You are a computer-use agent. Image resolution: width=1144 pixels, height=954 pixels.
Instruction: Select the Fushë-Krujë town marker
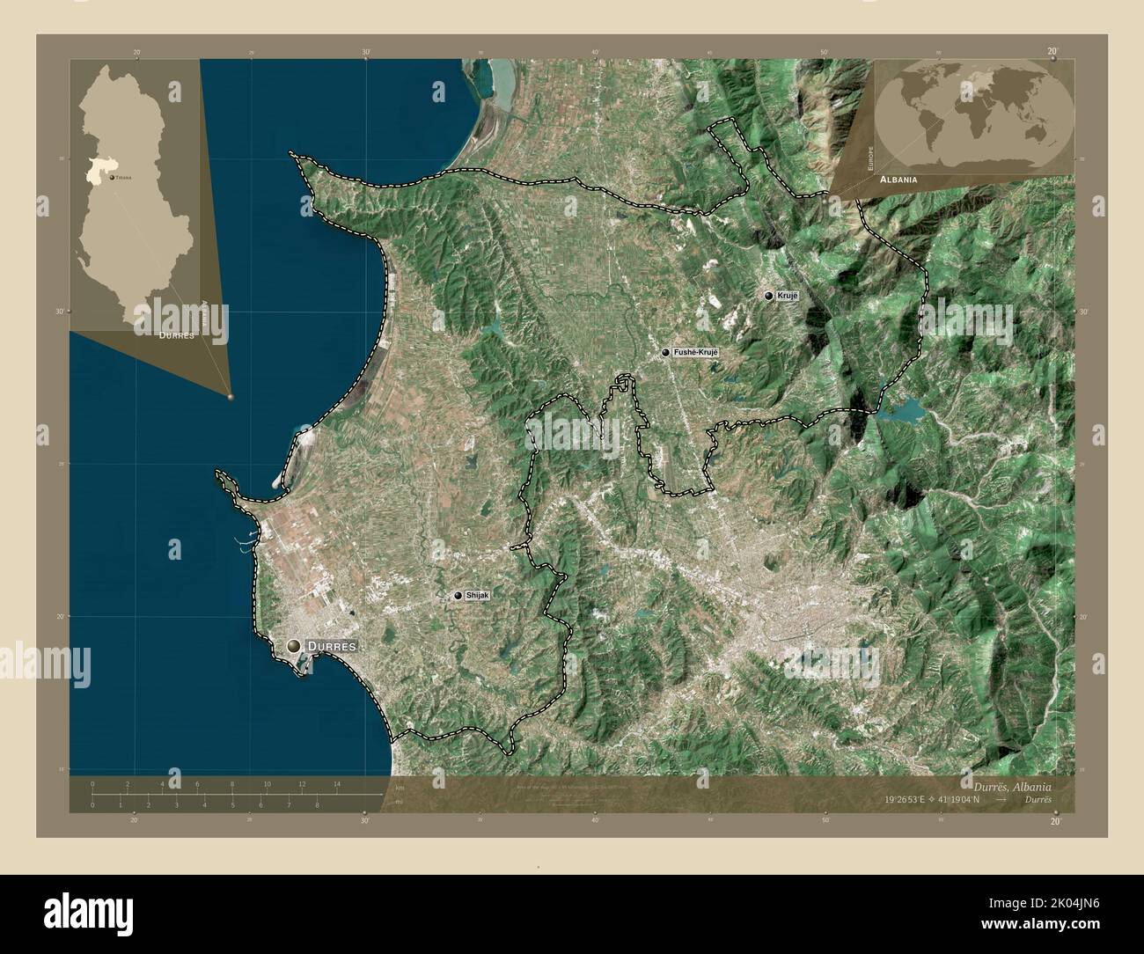coord(665,353)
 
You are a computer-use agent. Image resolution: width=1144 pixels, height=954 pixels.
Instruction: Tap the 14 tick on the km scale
coord(336,783)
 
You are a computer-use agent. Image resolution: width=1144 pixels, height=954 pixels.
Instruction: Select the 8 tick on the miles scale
coord(317,804)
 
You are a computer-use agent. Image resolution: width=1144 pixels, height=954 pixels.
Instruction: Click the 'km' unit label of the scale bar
coord(400,787)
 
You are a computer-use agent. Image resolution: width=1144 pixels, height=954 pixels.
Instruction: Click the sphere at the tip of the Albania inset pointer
coord(231,398)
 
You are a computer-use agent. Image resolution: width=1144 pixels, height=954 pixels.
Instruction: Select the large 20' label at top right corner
coord(1052,52)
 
